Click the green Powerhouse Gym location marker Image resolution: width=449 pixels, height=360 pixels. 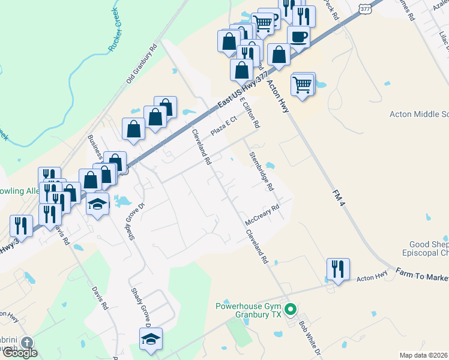click(291, 310)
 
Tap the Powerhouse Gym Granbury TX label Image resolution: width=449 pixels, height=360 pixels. click(249, 310)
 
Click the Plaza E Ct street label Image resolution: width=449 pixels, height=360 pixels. click(224, 127)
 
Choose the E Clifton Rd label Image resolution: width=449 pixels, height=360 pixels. click(250, 113)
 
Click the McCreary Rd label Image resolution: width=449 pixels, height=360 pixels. click(263, 216)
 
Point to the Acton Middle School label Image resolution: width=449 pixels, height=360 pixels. click(419, 114)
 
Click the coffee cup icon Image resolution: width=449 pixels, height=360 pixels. click(298, 36)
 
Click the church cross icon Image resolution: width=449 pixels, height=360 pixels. click(26, 343)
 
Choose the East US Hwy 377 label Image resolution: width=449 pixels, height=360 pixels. click(243, 91)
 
